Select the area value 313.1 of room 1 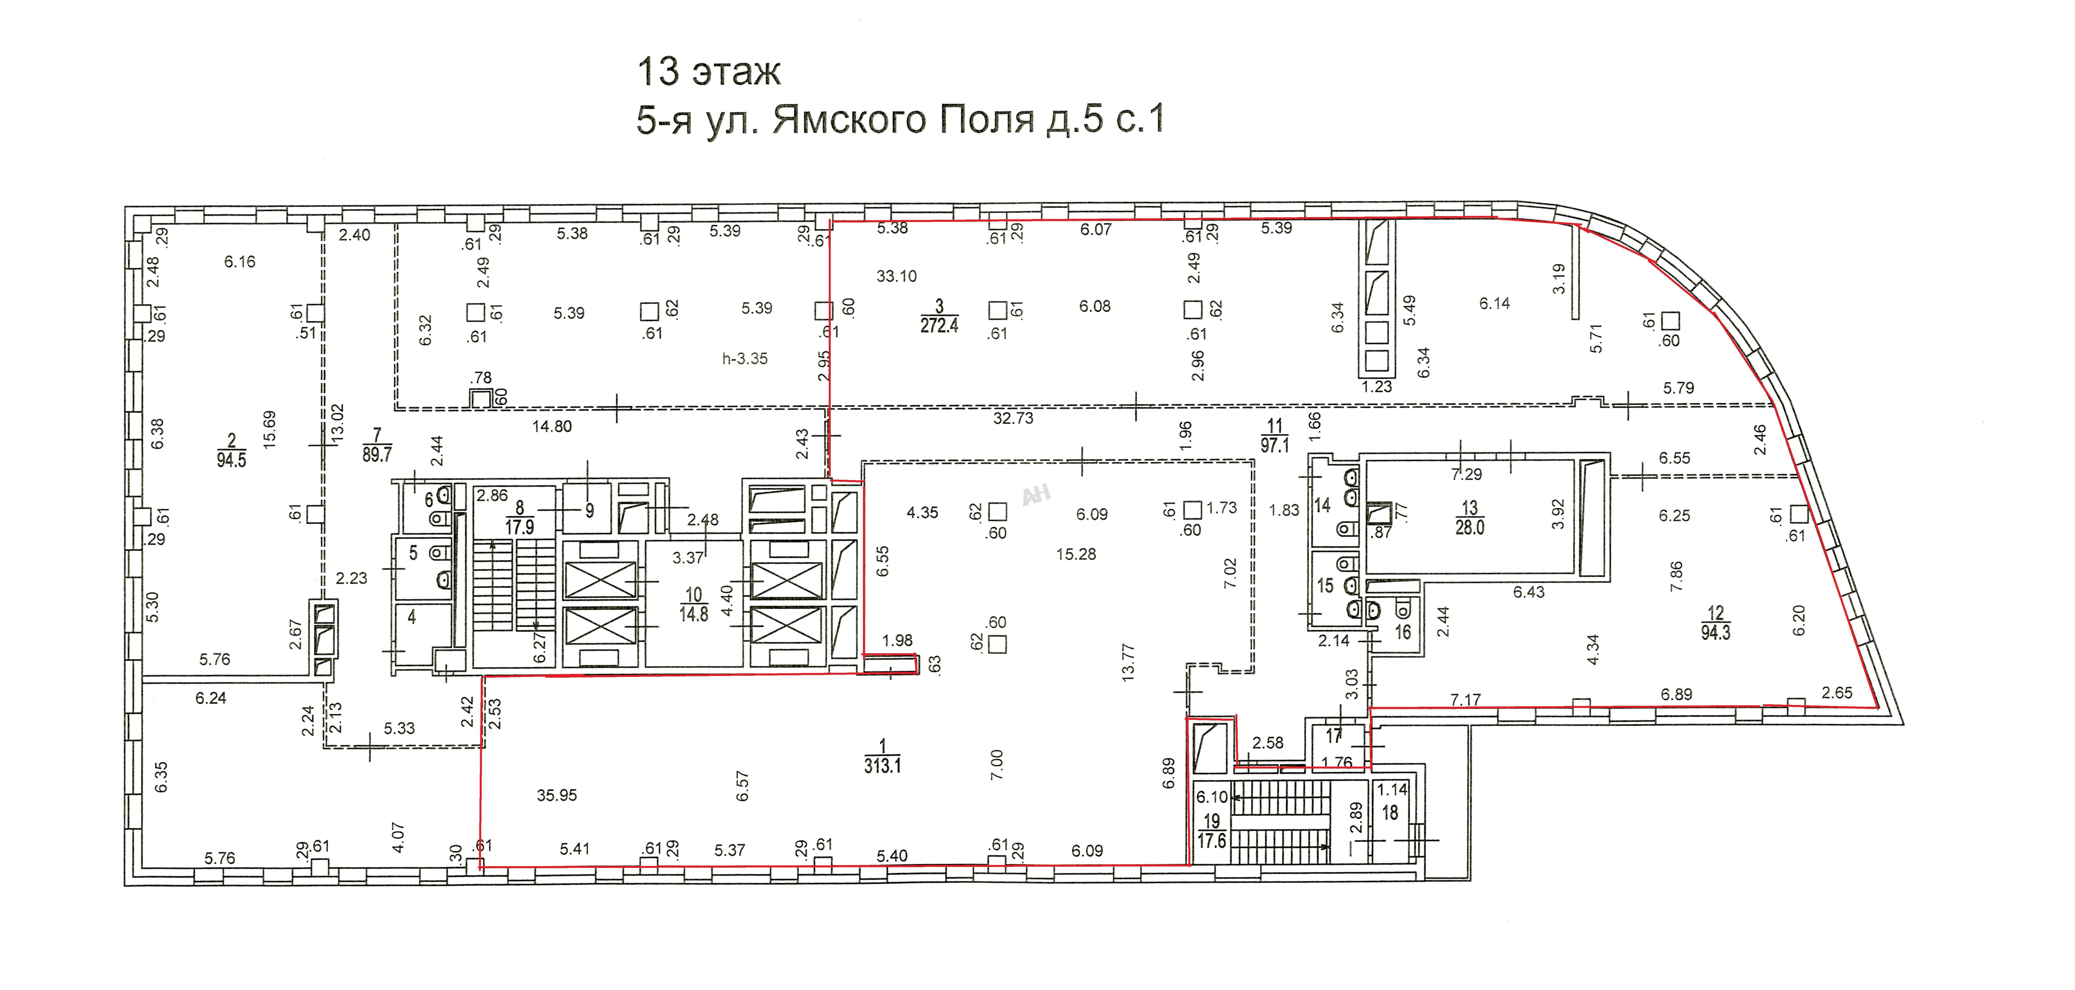click(x=883, y=765)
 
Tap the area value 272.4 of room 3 click(x=939, y=326)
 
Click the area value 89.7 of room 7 click(x=377, y=454)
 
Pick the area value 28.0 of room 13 click(x=1470, y=528)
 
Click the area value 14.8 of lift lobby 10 click(x=693, y=615)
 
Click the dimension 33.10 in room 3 click(x=896, y=276)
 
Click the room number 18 click(x=1390, y=814)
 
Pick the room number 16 click(x=1403, y=632)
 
